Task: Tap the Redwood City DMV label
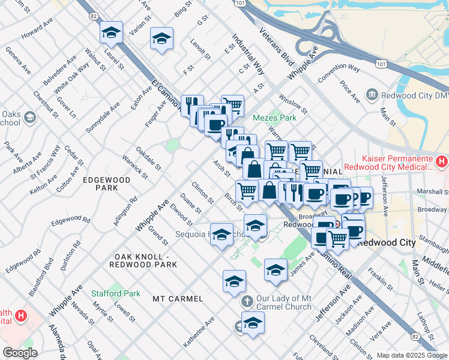coord(411,95)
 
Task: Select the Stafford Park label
coord(115,294)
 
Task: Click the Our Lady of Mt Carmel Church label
coord(285,302)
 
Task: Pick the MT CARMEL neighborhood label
coord(178,298)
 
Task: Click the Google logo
coord(20,353)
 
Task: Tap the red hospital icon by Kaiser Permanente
coord(441,161)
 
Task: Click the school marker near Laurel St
coord(111,34)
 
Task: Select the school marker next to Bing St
coord(161,40)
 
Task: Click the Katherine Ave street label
coord(199,332)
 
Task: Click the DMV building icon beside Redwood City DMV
coord(372,95)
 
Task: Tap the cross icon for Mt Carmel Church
coord(246,301)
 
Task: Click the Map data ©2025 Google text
coord(411,355)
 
